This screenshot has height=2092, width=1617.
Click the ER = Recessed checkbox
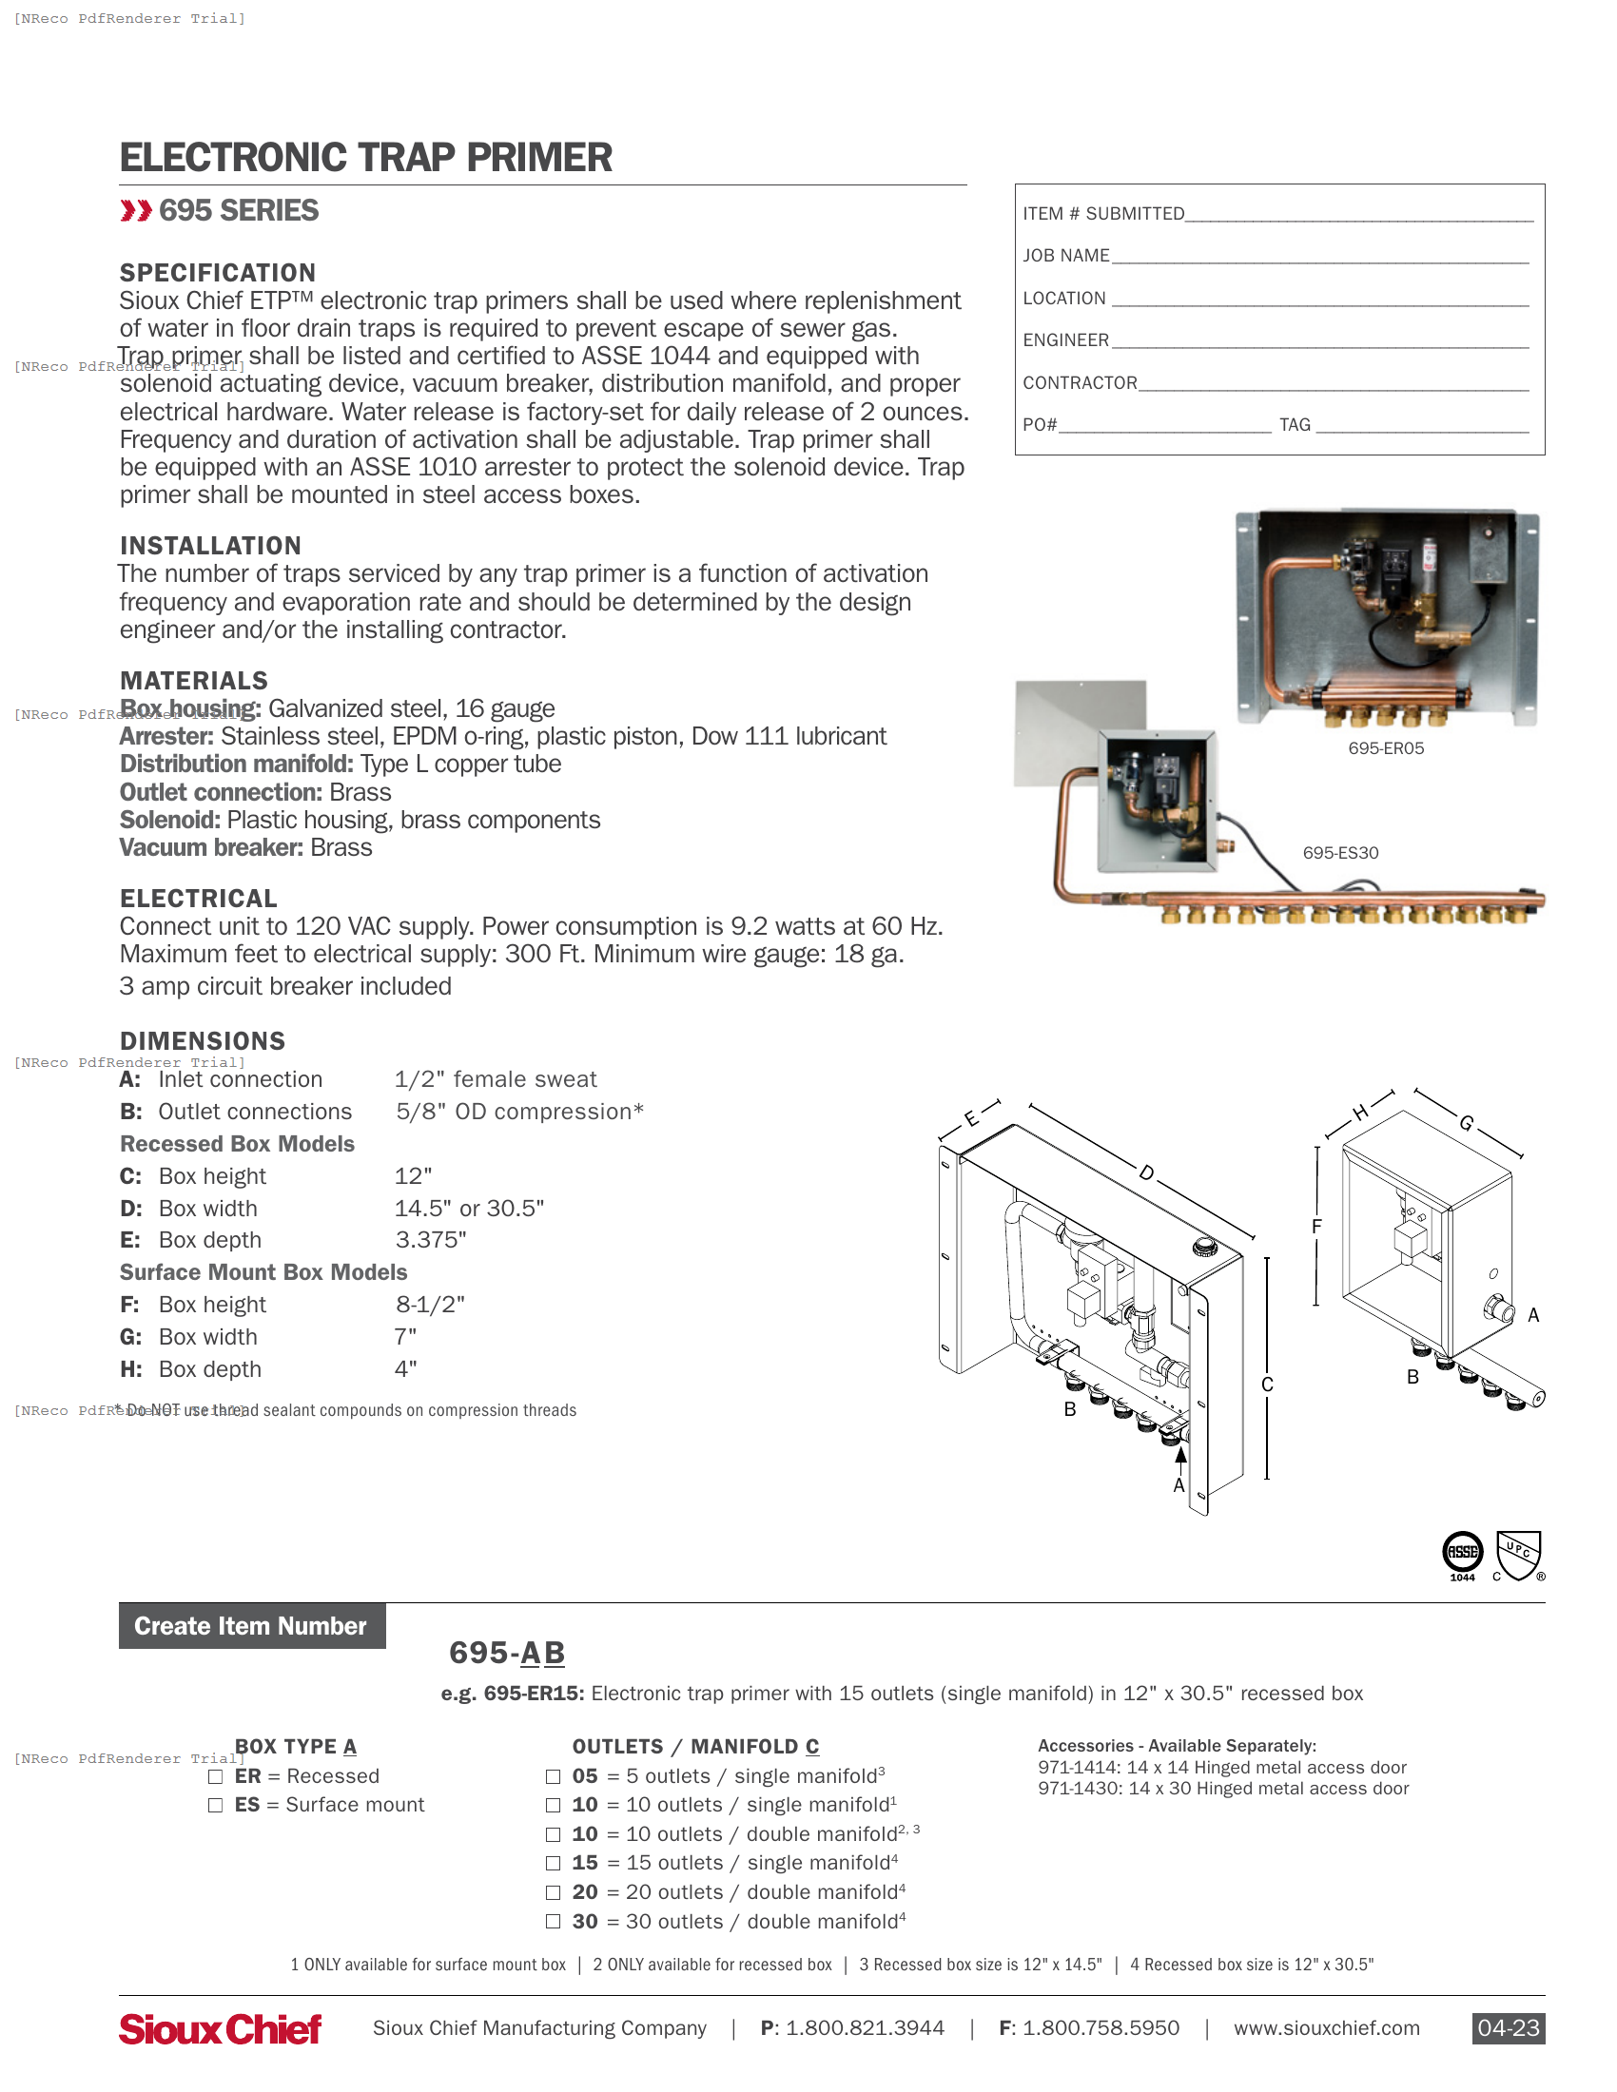tap(216, 1777)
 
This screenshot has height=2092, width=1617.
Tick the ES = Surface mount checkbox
tap(216, 1806)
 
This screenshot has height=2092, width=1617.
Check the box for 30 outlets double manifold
tap(553, 1922)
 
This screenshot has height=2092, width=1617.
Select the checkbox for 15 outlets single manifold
tap(553, 1863)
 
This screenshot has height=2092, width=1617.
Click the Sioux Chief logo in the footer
tap(220, 2029)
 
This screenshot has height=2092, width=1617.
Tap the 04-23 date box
tap(1508, 2028)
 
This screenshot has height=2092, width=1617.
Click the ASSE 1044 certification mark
tap(1462, 1555)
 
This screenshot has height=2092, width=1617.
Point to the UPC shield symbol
tap(1518, 1555)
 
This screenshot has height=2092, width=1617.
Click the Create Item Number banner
tap(252, 1625)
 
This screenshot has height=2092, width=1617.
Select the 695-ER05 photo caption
tap(1385, 748)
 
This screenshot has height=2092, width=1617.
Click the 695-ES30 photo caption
tap(1340, 853)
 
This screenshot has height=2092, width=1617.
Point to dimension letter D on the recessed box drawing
tap(1147, 1172)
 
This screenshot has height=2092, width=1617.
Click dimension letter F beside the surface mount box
tap(1316, 1226)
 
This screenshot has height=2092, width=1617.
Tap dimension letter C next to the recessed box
tap(1266, 1385)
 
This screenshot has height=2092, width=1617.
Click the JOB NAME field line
tap(1320, 257)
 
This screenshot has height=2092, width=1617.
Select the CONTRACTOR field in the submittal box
tap(1334, 383)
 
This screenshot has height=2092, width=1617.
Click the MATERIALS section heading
tap(193, 680)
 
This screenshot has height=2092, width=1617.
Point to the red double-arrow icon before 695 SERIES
tap(136, 211)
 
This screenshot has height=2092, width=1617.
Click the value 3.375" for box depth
tap(431, 1239)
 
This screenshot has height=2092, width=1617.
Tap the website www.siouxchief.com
tap(1326, 2028)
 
